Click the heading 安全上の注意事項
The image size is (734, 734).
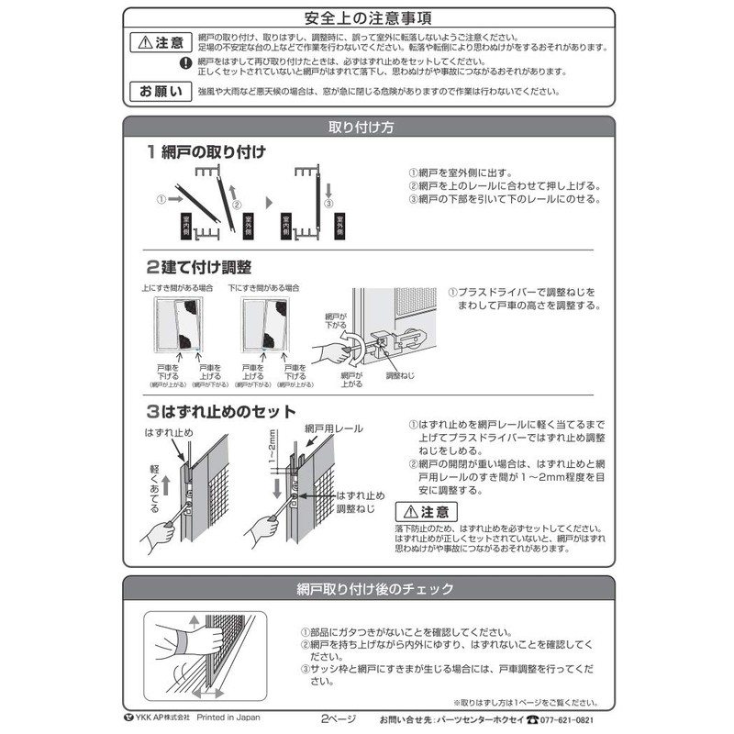(x=366, y=18)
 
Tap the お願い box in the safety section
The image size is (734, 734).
(x=159, y=91)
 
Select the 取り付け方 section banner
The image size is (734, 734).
(x=366, y=128)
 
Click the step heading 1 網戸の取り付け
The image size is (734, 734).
(x=205, y=151)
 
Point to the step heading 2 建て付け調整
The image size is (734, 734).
(x=198, y=267)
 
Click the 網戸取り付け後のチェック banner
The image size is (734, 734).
(x=366, y=588)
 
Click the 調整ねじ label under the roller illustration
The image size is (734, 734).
(x=401, y=374)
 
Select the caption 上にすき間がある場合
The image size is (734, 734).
(x=178, y=288)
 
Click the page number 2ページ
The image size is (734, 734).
(x=337, y=718)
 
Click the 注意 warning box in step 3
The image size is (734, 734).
(x=423, y=511)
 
